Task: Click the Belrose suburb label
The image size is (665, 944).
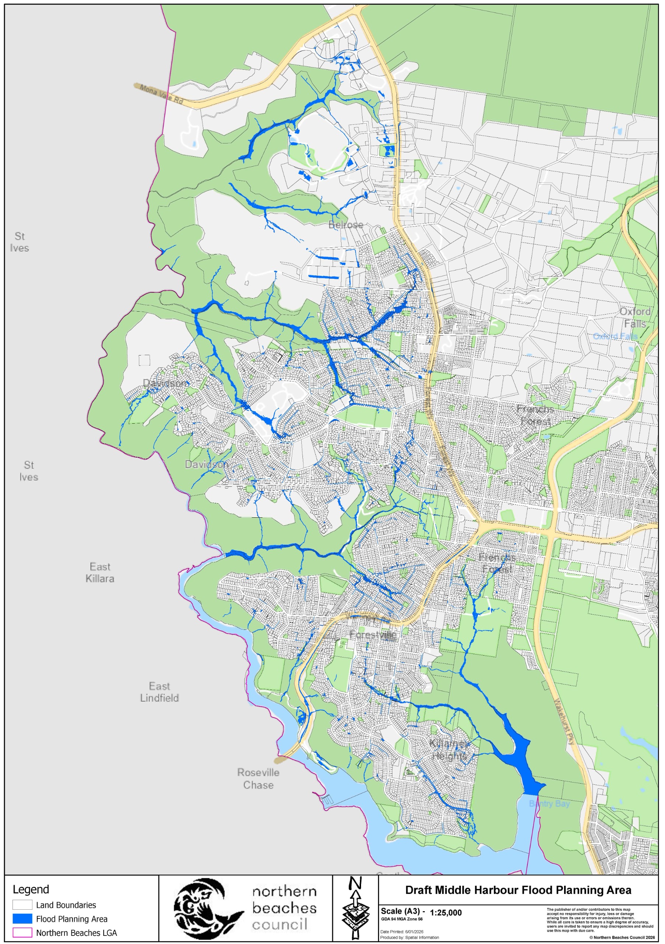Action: pos(346,225)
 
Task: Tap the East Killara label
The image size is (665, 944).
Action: pos(100,572)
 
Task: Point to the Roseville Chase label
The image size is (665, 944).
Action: pos(258,778)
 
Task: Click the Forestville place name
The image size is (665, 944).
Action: pos(373,634)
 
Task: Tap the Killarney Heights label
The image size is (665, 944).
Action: pos(448,750)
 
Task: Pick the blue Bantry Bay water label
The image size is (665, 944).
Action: pos(549,804)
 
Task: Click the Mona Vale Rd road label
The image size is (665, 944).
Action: pos(161,94)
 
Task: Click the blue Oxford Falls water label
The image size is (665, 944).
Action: pos(615,336)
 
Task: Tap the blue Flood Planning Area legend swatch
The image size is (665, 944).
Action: pos(22,919)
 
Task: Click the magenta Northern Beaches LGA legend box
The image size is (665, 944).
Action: pos(22,932)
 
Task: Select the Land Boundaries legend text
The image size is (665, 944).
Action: pos(66,905)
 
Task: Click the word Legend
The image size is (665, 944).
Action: pos(31,889)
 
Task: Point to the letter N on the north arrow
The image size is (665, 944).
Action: pos(355,883)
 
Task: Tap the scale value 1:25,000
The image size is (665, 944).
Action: pos(446,912)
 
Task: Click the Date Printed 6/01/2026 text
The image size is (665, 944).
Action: pos(401,932)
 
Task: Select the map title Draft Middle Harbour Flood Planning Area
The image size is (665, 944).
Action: pos(518,890)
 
